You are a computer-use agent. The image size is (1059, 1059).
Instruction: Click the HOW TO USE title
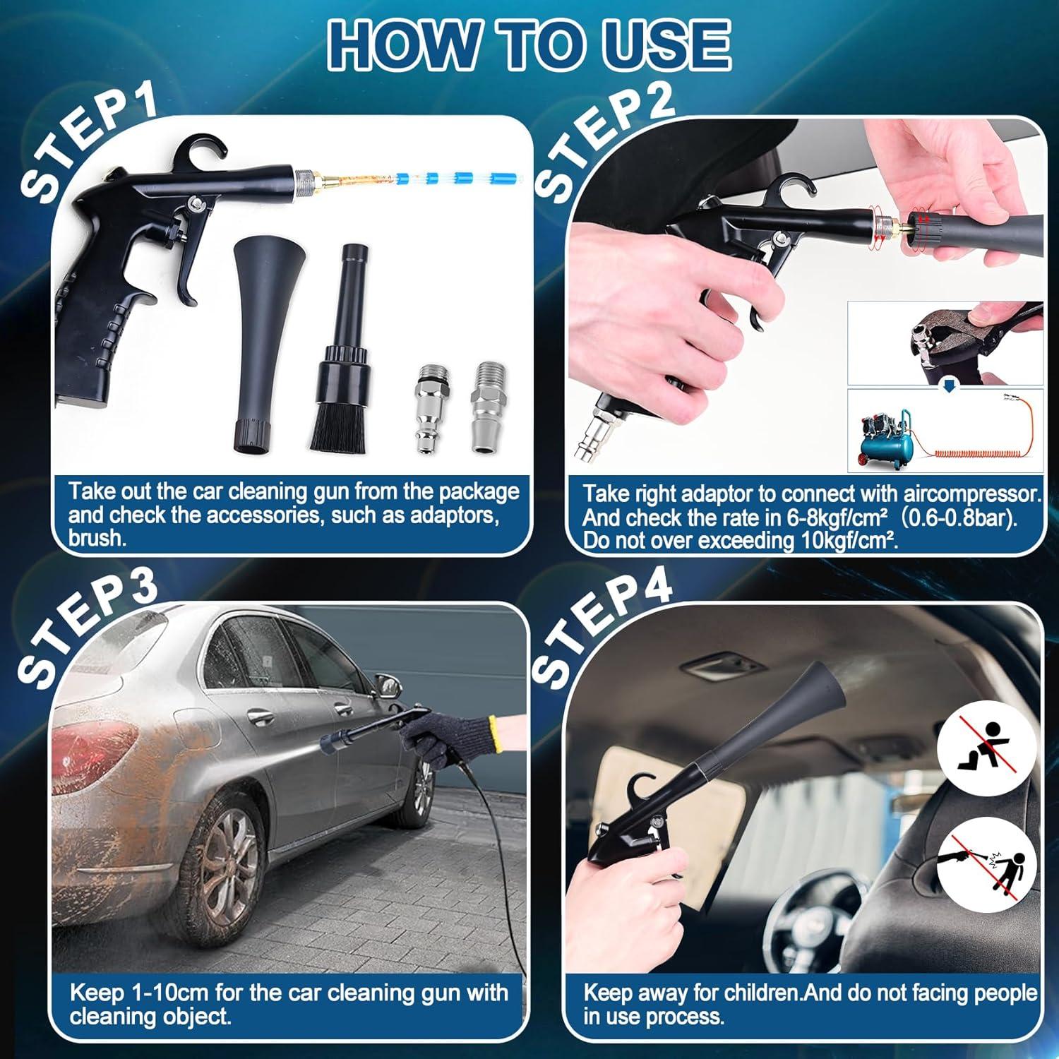529,44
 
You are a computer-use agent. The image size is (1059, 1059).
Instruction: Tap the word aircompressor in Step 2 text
969,493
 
